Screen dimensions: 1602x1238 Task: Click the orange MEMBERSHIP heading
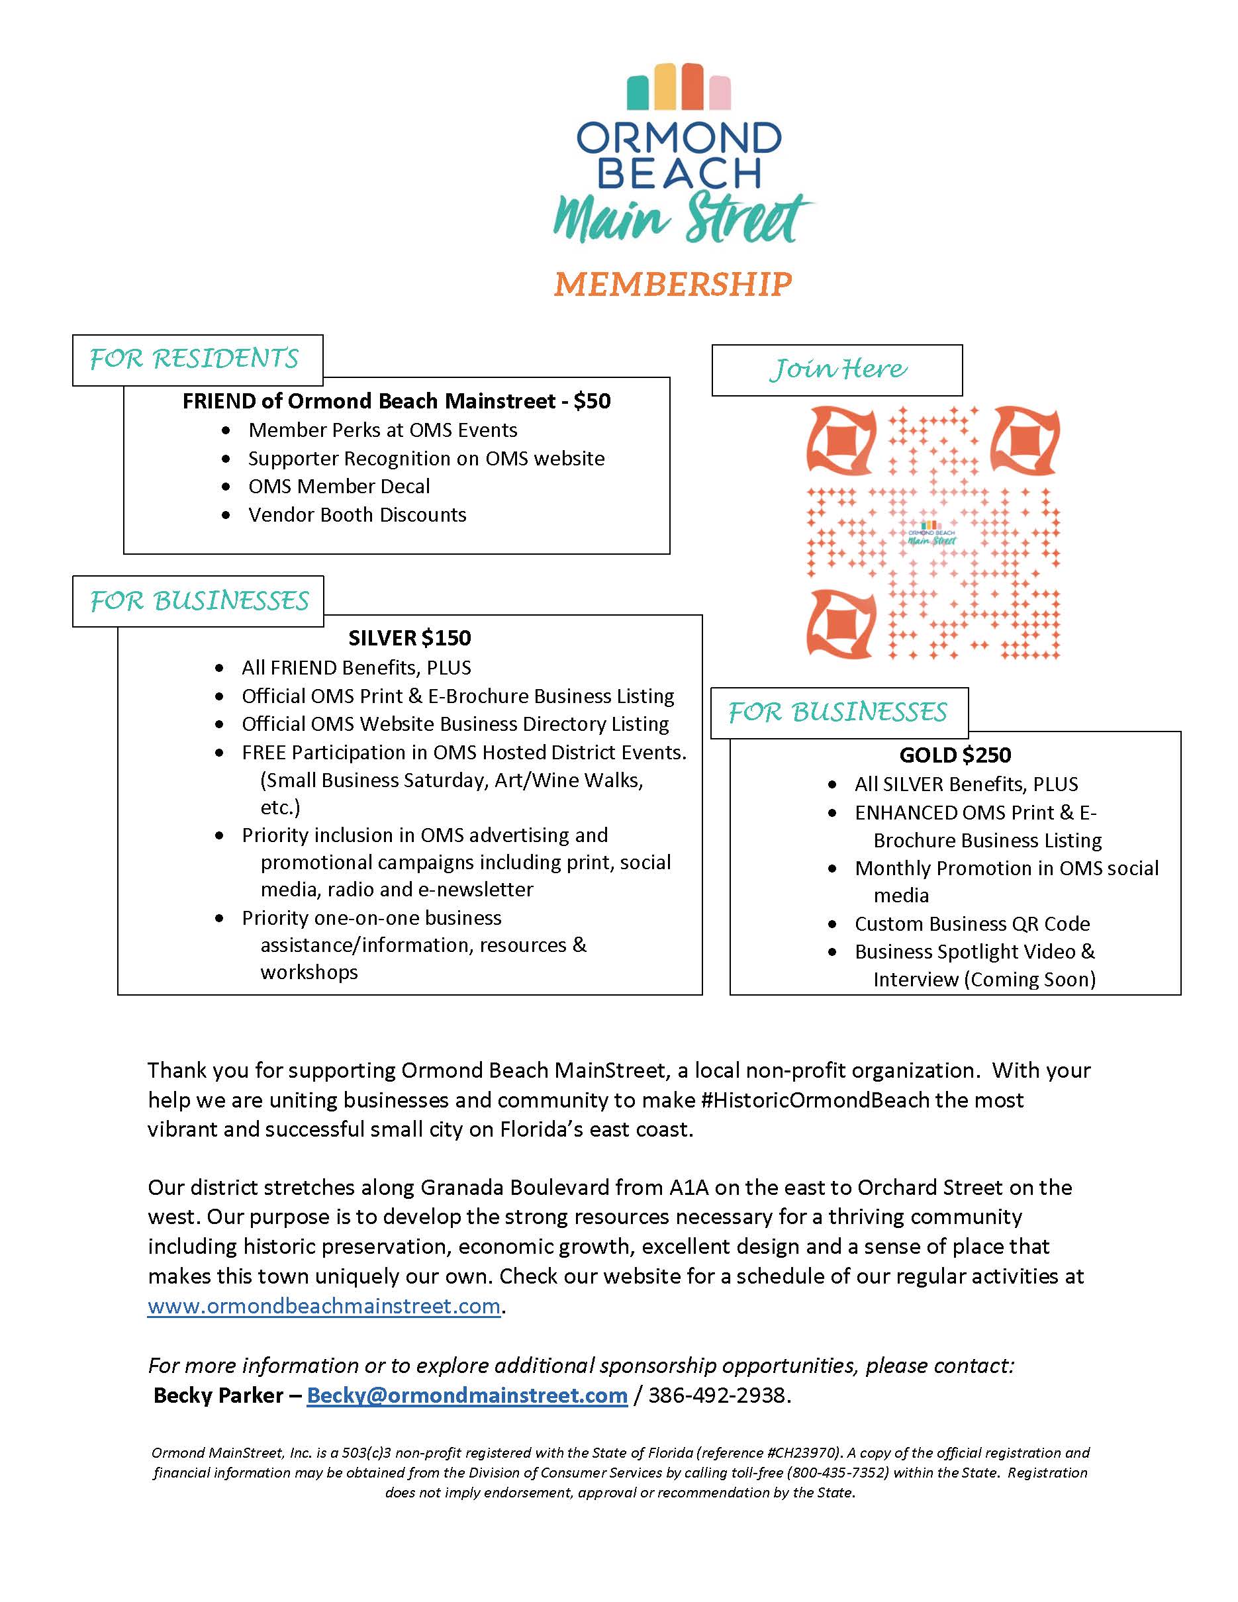point(673,284)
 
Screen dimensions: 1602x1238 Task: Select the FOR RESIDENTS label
point(195,359)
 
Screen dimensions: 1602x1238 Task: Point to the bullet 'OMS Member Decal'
point(339,487)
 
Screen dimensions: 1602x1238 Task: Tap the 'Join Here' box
point(837,369)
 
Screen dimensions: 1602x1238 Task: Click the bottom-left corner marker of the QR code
point(841,624)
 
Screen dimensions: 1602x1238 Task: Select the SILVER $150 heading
point(410,638)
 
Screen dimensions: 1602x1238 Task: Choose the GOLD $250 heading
point(955,755)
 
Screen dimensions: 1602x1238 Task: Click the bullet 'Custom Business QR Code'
point(972,923)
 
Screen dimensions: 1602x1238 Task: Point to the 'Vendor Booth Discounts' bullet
point(357,515)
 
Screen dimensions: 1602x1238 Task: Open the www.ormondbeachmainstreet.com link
point(324,1306)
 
